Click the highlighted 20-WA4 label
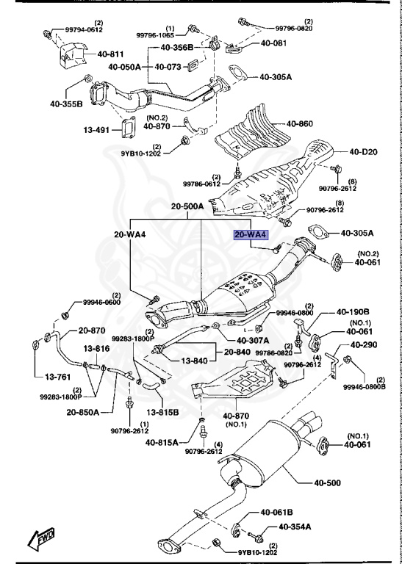click(251, 236)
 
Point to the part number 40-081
click(276, 43)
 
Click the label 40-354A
click(294, 527)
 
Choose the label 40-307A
click(253, 340)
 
